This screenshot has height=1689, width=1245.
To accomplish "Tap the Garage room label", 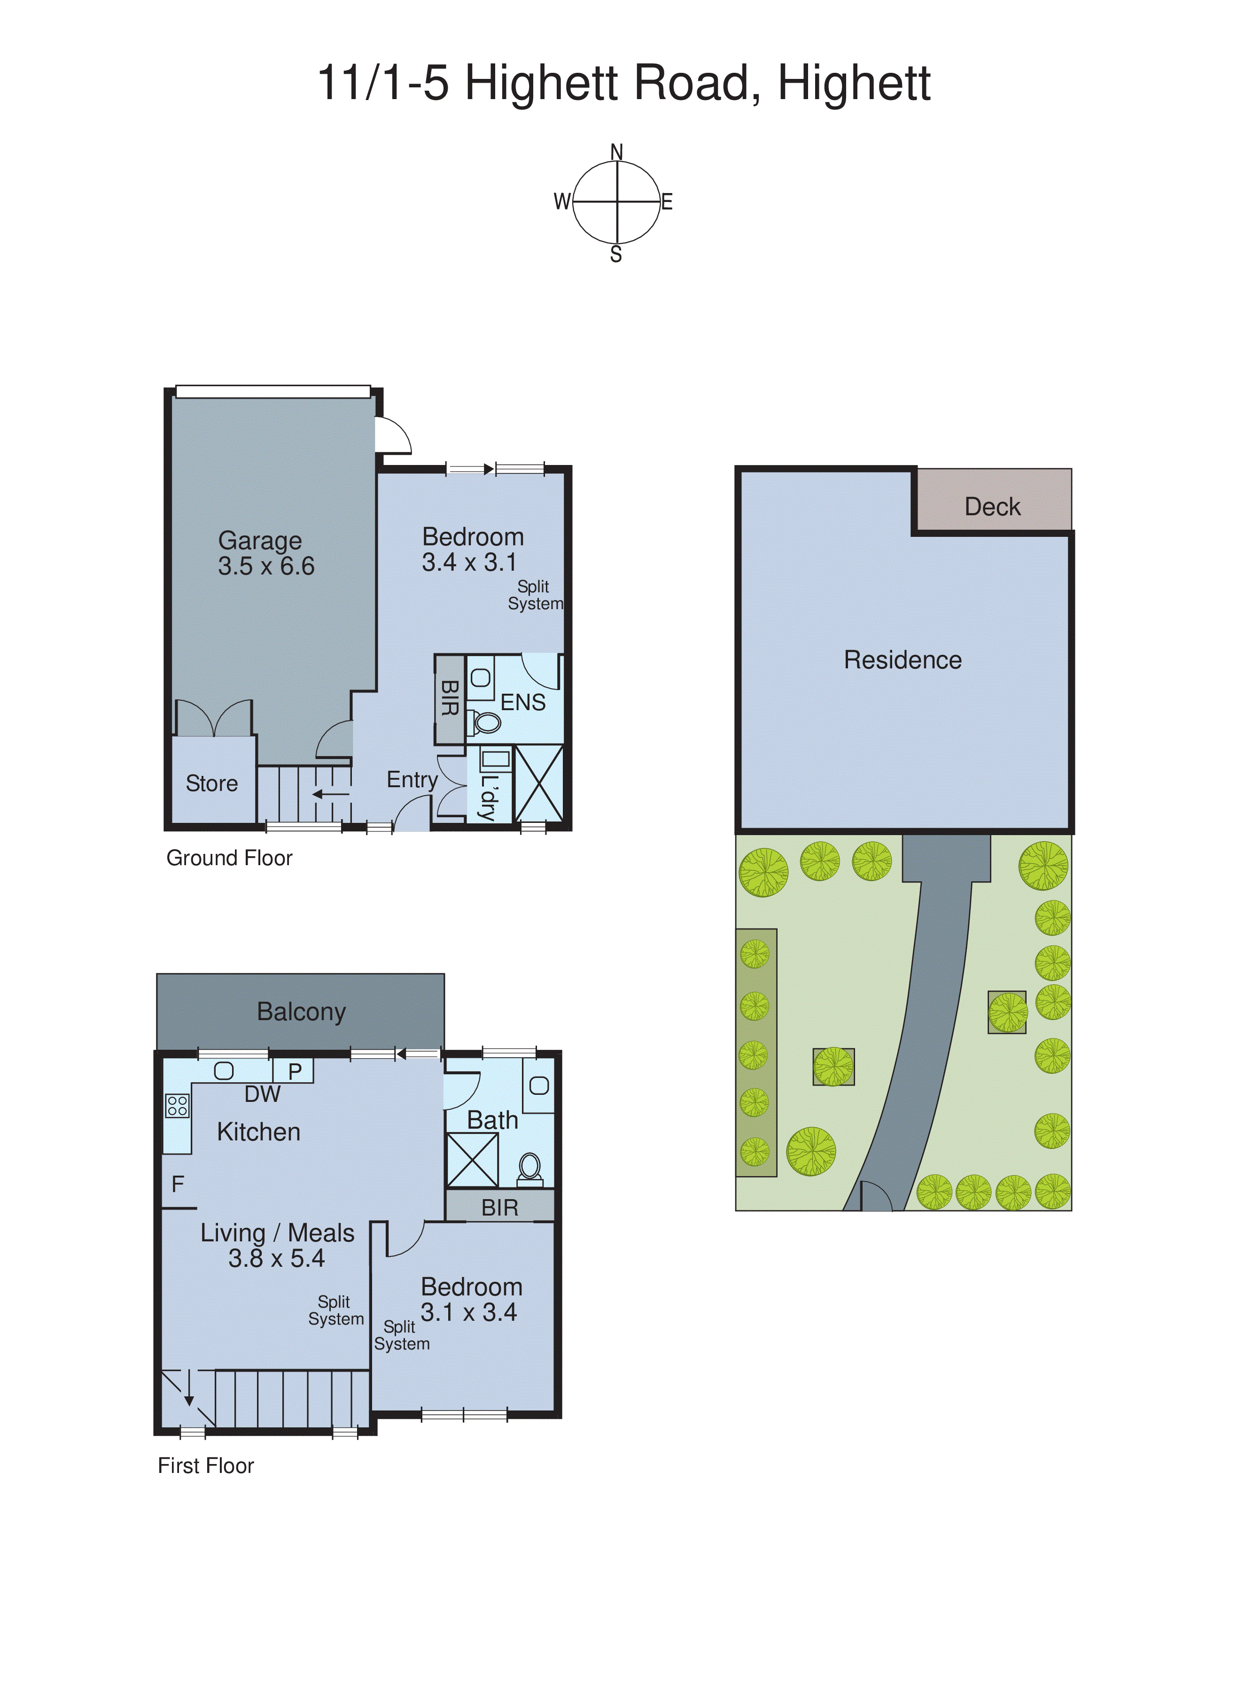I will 260,541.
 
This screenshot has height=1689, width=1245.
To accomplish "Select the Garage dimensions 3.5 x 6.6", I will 266,566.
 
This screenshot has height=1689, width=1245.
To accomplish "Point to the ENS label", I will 523,702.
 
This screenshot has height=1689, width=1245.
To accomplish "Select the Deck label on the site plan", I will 993,507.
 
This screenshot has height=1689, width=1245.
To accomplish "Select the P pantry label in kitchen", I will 295,1071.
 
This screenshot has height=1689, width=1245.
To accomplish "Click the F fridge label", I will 178,1184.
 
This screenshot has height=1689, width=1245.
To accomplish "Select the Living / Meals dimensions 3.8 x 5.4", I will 277,1258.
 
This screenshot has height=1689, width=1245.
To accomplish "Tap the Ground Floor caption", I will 229,858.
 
